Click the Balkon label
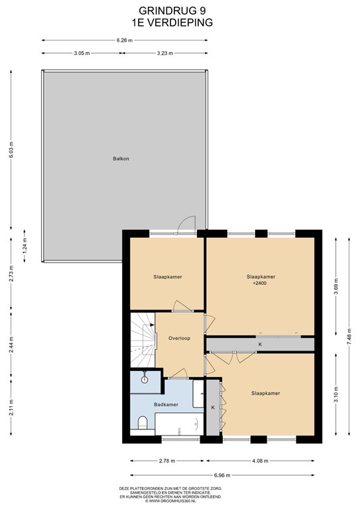point(121,159)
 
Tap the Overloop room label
point(179,338)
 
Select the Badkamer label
point(166,404)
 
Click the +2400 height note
point(260,283)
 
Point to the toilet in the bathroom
point(143,423)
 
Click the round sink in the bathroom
point(145,380)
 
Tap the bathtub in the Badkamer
point(179,424)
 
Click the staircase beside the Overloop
point(143,341)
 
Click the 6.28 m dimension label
point(125,40)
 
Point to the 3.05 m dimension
point(82,53)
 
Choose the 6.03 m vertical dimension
point(11,150)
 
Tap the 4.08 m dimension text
point(260,461)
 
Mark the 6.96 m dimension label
point(222,476)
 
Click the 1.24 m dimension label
point(25,246)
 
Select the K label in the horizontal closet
point(260,345)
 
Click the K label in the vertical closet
point(213,408)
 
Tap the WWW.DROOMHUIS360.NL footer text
point(170,501)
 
